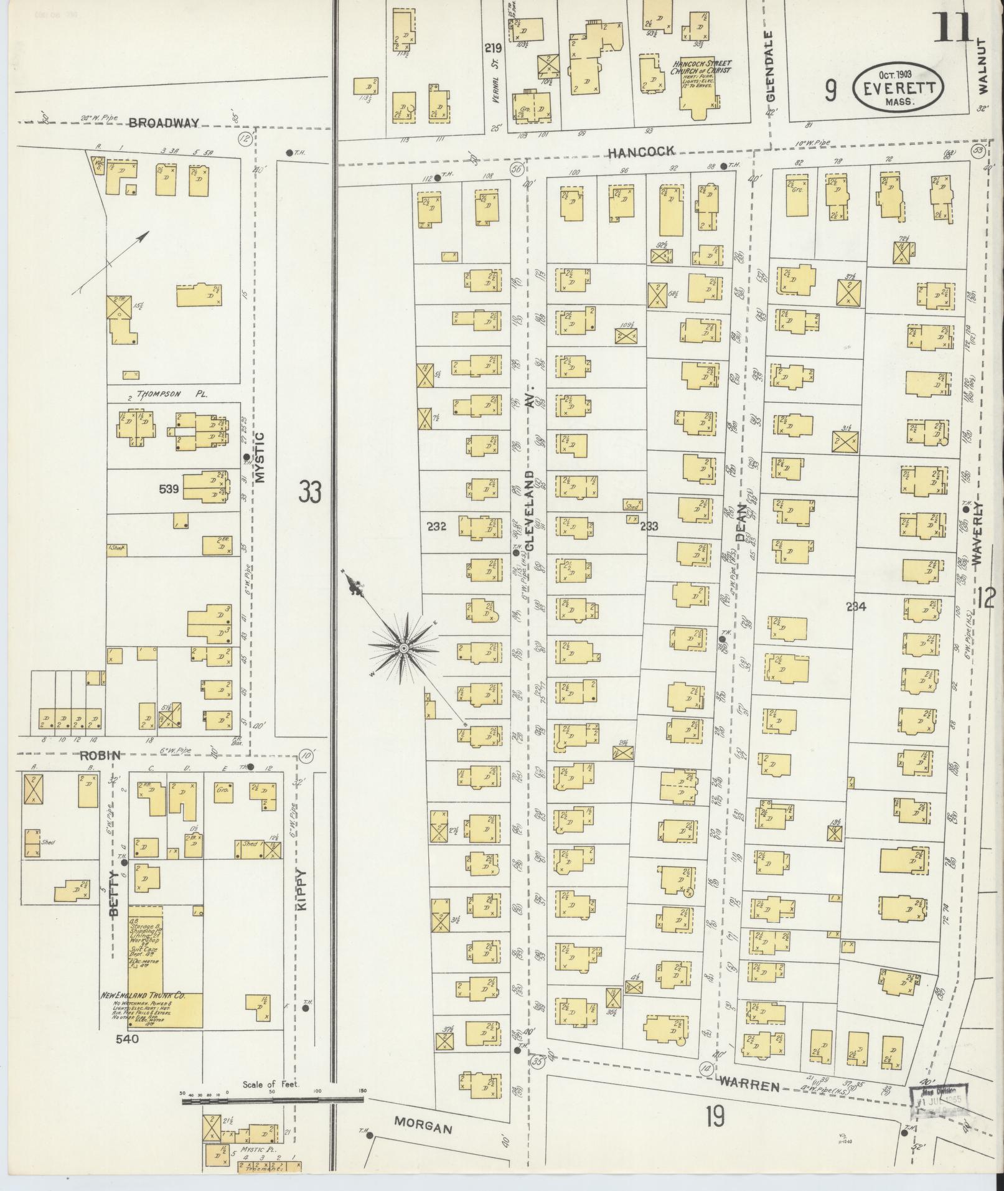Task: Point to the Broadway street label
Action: point(164,123)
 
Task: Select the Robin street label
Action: point(99,755)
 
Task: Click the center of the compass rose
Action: point(403,649)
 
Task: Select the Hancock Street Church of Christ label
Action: point(701,67)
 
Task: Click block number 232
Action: point(436,526)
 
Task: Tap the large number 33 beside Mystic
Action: point(309,491)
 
